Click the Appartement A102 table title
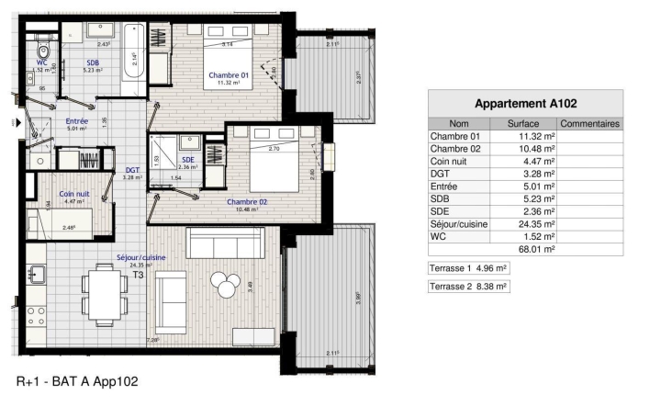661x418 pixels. [525, 103]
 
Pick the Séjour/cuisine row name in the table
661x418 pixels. [460, 224]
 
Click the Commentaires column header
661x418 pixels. [589, 123]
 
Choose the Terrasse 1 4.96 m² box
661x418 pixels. [469, 268]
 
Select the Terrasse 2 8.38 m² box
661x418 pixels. [469, 287]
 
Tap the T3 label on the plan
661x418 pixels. [139, 275]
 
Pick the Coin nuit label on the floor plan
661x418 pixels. [74, 194]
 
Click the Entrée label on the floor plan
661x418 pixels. [76, 121]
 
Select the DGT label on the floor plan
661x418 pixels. [133, 170]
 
